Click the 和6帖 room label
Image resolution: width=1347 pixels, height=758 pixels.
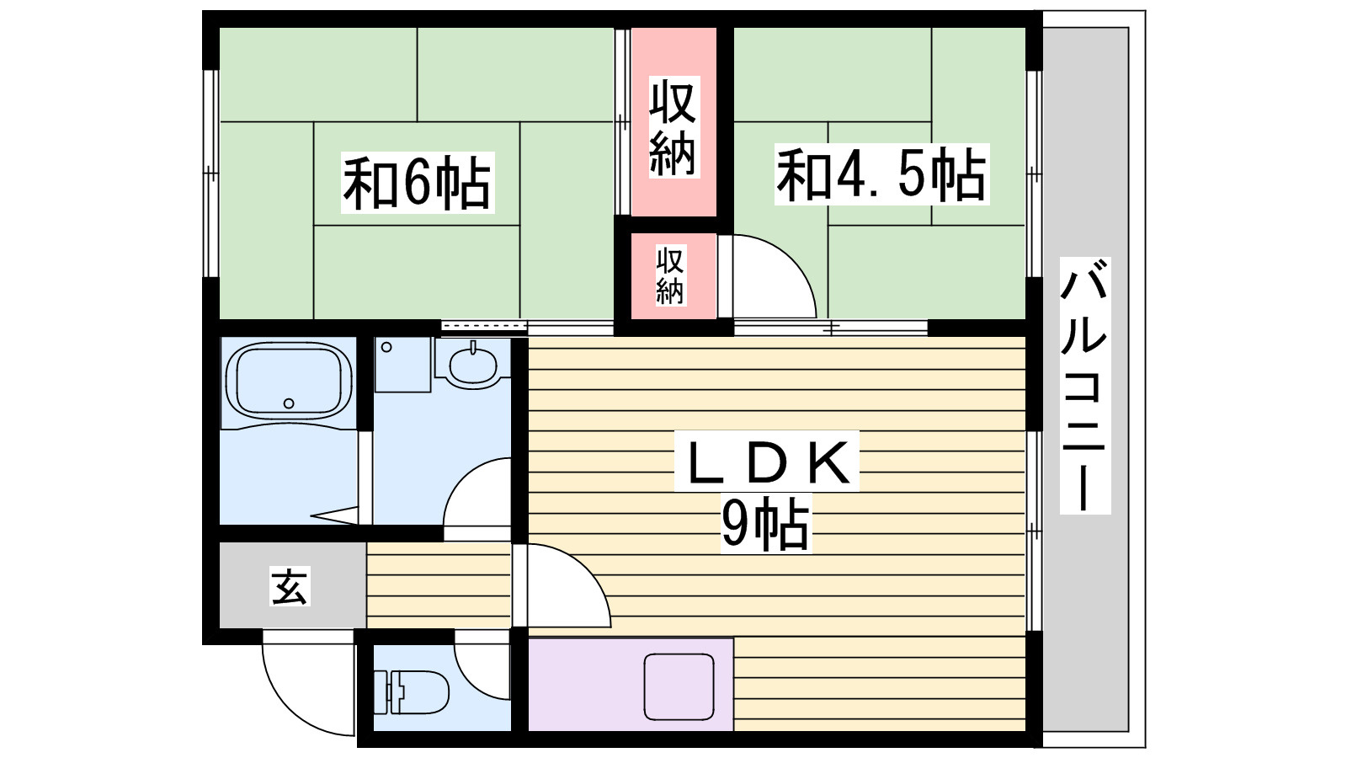[x=418, y=182]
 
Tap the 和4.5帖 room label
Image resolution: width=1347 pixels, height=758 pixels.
[x=881, y=173]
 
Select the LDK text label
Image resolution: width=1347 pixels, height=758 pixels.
[x=767, y=462]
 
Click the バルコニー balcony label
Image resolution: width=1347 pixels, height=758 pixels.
[x=1085, y=386]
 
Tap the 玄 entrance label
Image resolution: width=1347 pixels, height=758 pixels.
[x=290, y=586]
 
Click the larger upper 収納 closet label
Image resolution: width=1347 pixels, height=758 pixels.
[x=673, y=127]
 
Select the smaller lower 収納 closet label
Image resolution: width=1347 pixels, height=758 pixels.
[x=670, y=275]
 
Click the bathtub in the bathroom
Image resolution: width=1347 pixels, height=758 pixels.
[x=289, y=380]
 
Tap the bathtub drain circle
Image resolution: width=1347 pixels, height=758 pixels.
[x=290, y=403]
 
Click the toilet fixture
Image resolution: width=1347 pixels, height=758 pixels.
[x=412, y=691]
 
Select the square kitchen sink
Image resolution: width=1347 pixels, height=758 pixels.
[x=679, y=687]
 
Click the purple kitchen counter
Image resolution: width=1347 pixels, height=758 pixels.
[x=631, y=686]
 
